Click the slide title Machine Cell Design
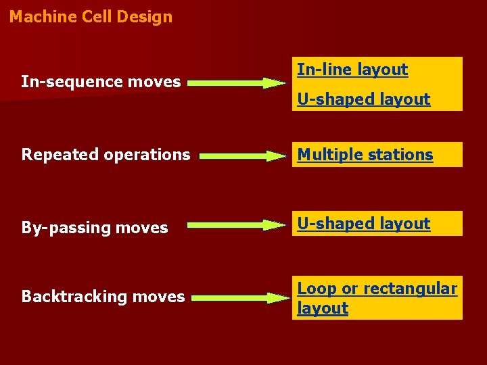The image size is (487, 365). pos(91,17)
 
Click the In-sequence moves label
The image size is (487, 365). pos(101,82)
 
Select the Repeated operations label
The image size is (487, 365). pos(106,155)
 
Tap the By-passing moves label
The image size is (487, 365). pos(95,228)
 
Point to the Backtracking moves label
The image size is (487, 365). pos(103,297)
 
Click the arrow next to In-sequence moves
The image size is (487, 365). pos(237,83)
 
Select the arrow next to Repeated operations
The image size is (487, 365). pos(243,155)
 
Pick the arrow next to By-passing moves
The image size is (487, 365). pos(237,224)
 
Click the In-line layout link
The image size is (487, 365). pos(352,70)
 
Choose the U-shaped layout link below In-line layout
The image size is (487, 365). pos(364,99)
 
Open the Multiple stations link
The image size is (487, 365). pos(365,155)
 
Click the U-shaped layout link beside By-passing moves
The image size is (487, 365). pos(364,224)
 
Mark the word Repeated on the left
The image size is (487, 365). pos(51,155)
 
